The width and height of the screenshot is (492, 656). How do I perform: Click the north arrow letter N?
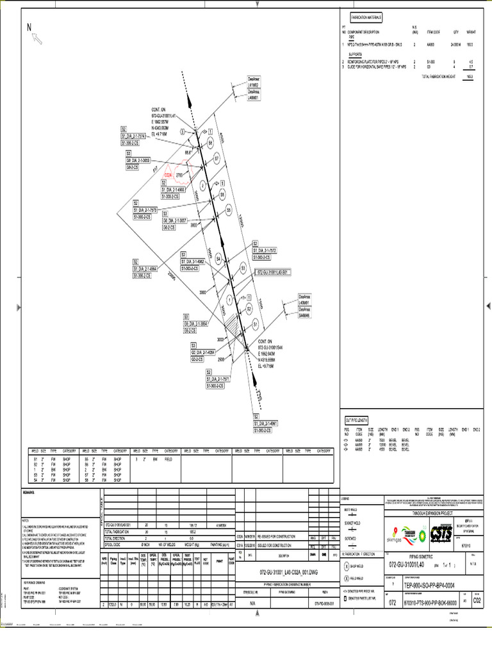(x=29, y=27)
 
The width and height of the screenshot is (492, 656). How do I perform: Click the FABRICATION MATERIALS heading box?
(x=366, y=17)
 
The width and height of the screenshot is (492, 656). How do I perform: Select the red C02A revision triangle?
(x=169, y=174)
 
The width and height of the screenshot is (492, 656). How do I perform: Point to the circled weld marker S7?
(x=217, y=158)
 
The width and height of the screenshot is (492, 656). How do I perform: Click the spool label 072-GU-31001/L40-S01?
(x=273, y=272)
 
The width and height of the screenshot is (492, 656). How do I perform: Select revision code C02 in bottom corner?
(x=477, y=601)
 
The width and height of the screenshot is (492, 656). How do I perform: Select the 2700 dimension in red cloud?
(x=179, y=174)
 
